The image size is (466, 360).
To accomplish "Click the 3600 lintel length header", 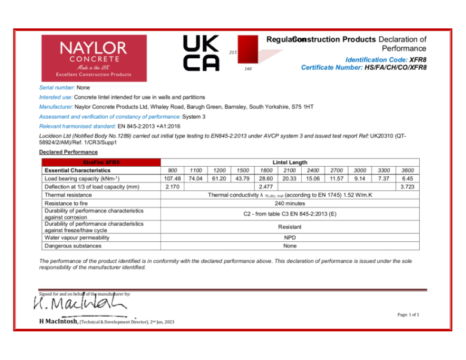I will coord(407,170).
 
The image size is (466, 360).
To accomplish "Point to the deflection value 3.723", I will coord(407,187).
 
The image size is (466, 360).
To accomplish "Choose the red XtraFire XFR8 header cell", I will coord(101,162).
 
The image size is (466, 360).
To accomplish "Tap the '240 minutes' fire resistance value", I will coord(290,203).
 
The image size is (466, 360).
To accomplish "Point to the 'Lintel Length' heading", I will coord(290,162).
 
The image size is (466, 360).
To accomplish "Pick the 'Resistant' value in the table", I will coord(290,227).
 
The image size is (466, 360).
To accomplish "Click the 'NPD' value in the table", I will coord(290,237).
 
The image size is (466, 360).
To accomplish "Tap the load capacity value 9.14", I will coord(358,178).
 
